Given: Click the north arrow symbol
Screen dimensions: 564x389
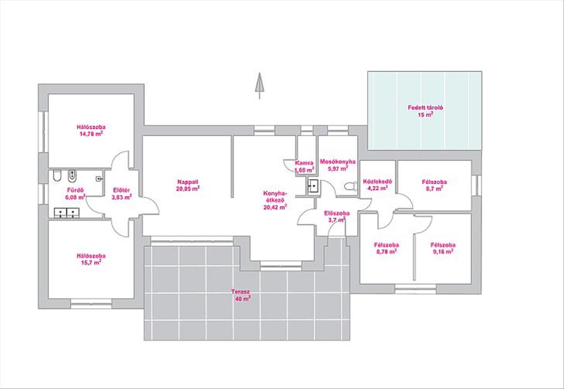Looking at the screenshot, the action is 259,86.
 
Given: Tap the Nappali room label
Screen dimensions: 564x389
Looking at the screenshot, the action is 188,182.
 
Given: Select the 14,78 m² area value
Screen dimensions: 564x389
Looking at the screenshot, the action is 91,134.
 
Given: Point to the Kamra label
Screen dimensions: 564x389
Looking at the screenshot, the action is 305,163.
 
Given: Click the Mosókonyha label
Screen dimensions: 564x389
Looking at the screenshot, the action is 337,162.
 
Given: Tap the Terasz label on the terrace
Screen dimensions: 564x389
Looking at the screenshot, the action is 241,292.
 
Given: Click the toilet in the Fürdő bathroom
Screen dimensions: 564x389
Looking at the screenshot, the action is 57,175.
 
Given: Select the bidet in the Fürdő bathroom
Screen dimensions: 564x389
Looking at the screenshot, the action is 72,176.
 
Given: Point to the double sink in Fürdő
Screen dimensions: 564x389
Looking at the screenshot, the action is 67,213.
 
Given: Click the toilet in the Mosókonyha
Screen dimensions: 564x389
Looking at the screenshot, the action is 351,187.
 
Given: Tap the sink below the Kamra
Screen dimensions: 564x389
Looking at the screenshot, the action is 313,186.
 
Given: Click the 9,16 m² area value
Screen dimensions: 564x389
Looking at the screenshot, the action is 443,252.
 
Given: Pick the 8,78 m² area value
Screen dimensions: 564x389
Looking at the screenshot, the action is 387,252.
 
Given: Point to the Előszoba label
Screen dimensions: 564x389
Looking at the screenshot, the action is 337,213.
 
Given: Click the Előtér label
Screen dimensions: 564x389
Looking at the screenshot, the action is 121,190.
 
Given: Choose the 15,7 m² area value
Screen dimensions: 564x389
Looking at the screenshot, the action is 91,263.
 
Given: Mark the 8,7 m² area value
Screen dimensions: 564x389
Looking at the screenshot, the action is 435,188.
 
